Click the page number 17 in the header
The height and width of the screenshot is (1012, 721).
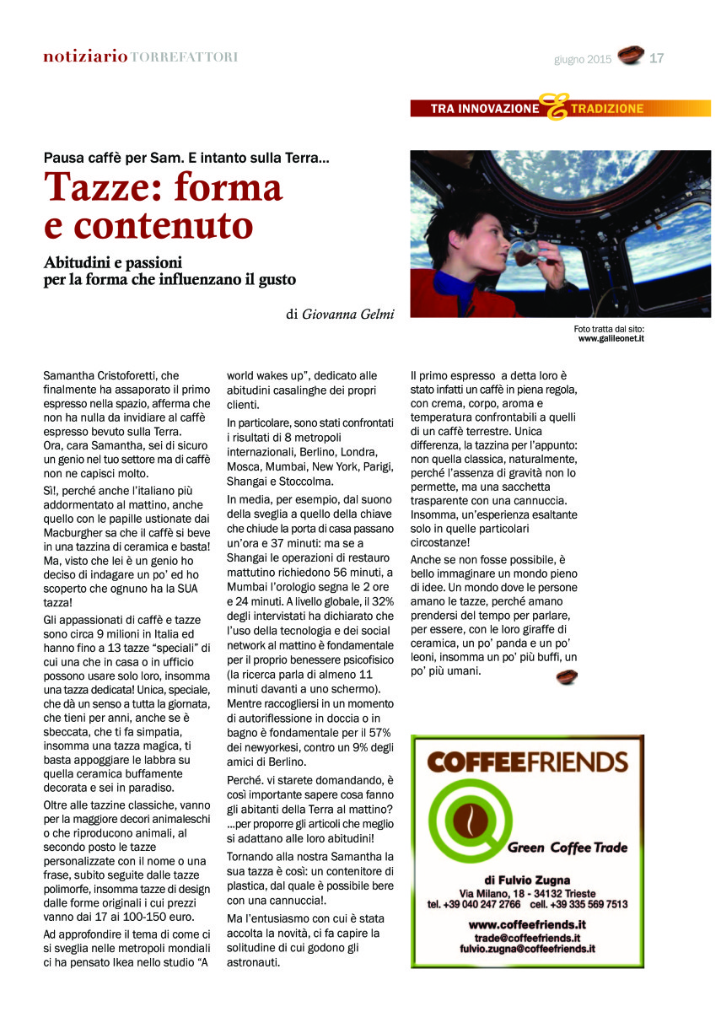(x=657, y=58)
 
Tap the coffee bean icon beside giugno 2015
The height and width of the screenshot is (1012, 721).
(x=630, y=57)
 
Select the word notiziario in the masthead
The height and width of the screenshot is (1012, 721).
(x=86, y=57)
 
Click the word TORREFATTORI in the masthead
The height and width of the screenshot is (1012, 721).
(x=184, y=57)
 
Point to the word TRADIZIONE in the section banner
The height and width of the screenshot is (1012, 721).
(x=606, y=109)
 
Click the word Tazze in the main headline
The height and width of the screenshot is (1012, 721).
(x=97, y=186)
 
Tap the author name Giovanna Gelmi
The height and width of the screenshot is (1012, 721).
(x=348, y=314)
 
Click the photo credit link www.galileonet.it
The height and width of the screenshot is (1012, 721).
(x=611, y=338)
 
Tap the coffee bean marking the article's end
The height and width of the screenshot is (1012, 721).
(x=567, y=676)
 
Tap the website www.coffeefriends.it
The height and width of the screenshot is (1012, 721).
(x=527, y=924)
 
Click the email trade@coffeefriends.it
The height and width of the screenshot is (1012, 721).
(x=527, y=937)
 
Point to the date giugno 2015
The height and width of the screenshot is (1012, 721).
(x=583, y=59)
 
